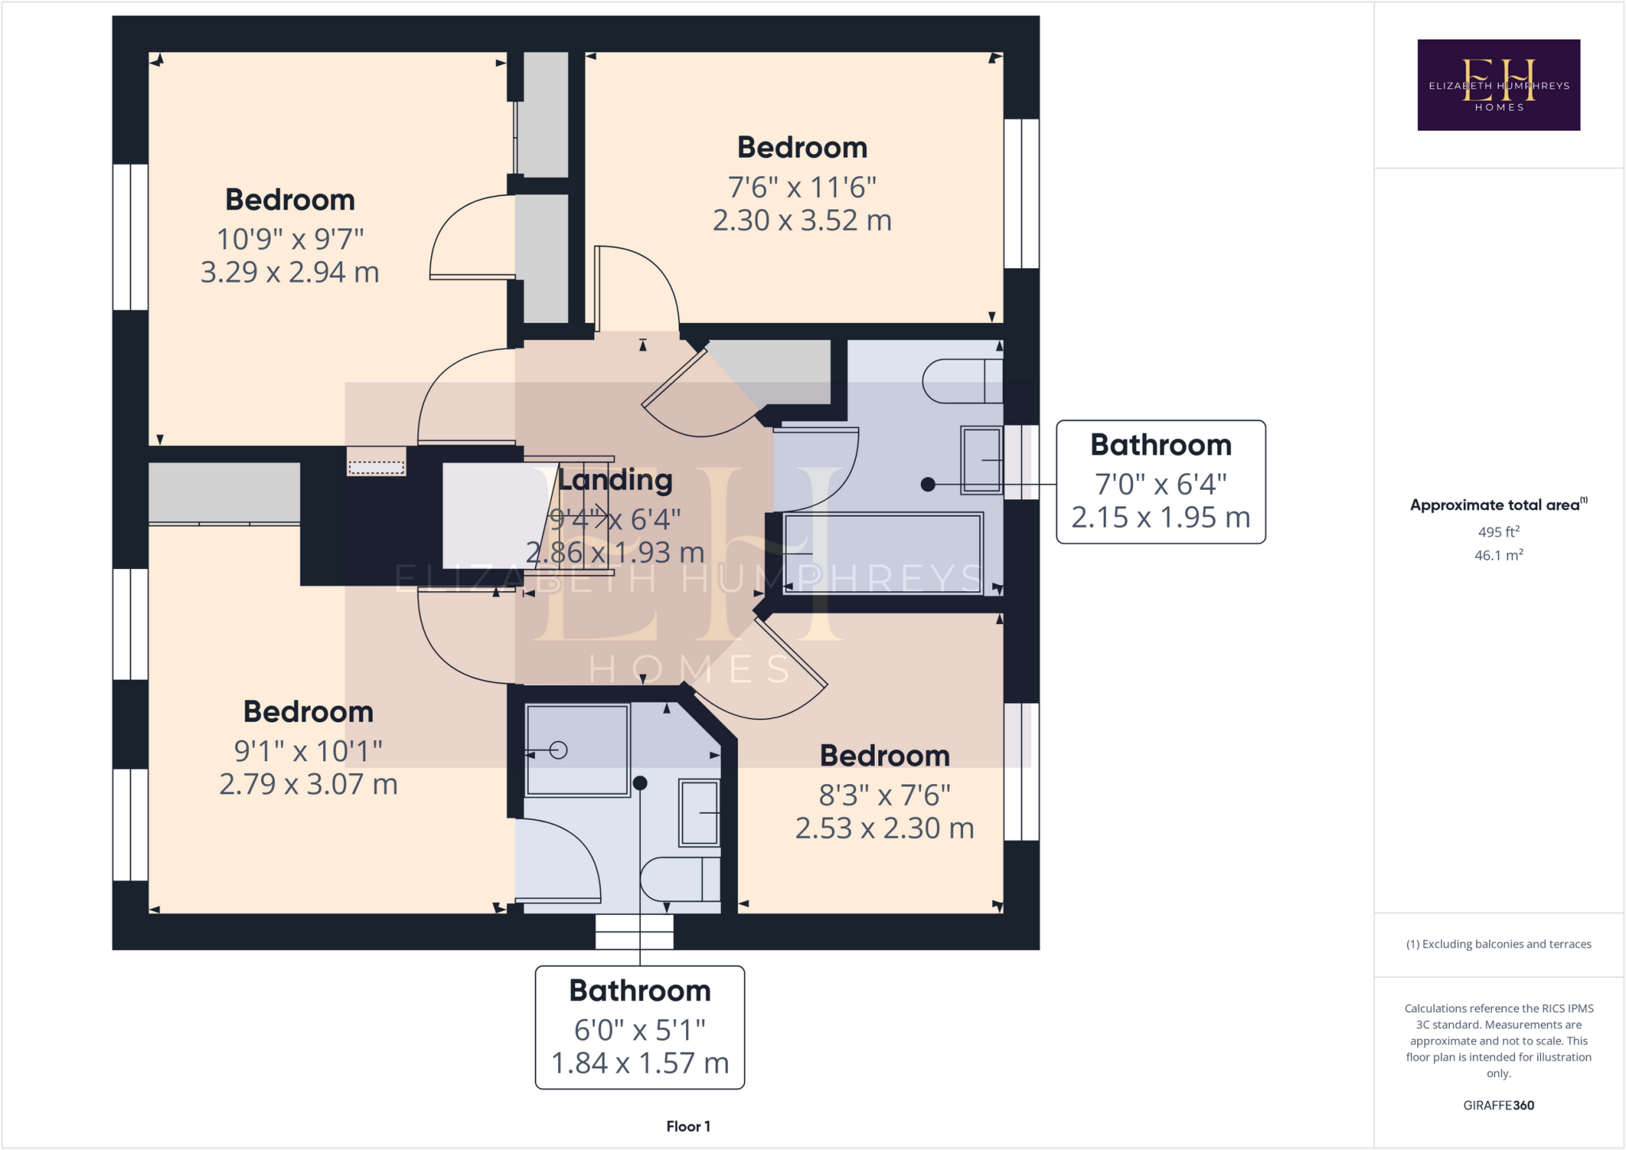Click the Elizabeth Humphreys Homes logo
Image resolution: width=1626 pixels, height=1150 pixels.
(x=1498, y=85)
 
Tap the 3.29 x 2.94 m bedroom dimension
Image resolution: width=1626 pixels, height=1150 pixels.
(x=290, y=272)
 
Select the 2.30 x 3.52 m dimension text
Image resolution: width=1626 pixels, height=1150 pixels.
(x=802, y=220)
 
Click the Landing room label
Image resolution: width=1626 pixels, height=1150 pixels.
(x=615, y=479)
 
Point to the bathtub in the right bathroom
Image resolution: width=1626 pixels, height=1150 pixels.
(x=883, y=553)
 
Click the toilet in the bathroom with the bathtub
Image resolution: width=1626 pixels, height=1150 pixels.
(x=961, y=382)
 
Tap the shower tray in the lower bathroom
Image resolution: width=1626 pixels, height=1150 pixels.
(x=577, y=749)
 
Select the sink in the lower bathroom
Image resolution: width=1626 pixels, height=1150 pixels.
(x=699, y=813)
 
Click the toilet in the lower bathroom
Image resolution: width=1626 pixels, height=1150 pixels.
(x=680, y=879)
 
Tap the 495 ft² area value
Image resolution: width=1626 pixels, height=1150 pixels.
(x=1498, y=532)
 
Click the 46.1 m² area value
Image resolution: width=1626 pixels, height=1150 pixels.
(x=1498, y=556)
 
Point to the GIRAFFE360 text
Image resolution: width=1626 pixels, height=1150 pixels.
(x=1498, y=1105)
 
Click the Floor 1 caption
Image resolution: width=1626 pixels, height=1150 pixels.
(x=688, y=1126)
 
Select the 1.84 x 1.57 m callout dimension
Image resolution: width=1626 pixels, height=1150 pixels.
(x=640, y=1063)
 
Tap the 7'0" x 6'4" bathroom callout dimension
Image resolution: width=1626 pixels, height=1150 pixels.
(x=1161, y=483)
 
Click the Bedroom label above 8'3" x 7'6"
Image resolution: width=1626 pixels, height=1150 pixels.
(x=884, y=756)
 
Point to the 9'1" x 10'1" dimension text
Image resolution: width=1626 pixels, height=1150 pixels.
(x=308, y=750)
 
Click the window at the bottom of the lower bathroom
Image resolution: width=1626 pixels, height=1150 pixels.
(x=634, y=932)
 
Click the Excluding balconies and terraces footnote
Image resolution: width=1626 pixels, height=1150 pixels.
(x=1498, y=944)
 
